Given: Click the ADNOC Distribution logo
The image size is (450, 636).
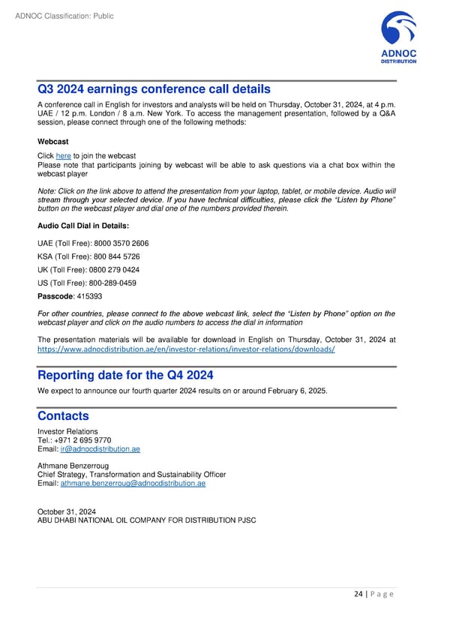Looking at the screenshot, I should point(398,38).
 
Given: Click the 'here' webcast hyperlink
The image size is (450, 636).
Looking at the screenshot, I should point(63,155).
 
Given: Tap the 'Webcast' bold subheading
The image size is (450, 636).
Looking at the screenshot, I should point(52,141).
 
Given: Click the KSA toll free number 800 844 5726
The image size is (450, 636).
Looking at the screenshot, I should point(114,256).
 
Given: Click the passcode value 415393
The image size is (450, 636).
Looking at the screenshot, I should point(88,296).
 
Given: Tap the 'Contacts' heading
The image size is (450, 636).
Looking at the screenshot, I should point(63,415).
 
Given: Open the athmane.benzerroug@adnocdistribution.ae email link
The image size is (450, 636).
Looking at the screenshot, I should point(133,483).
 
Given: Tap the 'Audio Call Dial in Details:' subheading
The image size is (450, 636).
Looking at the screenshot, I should point(82,226).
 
